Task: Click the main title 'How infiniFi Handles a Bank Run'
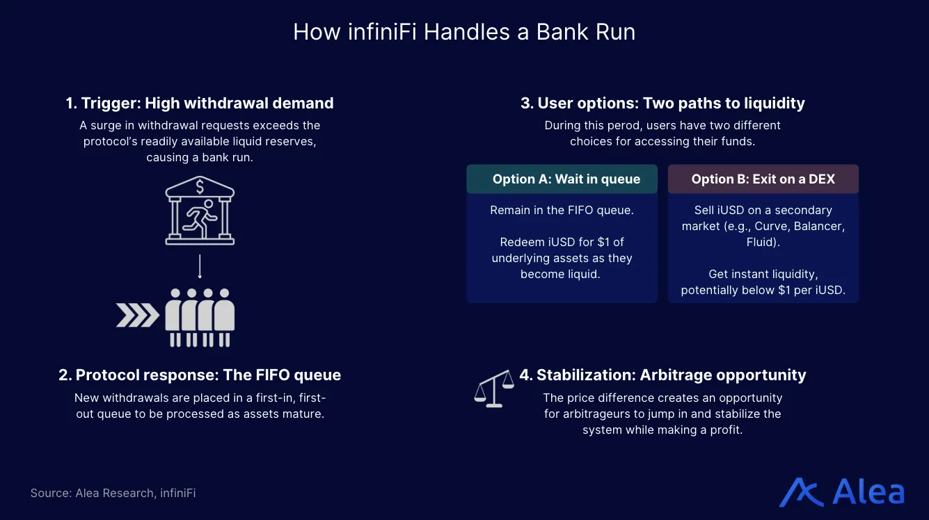click(x=464, y=32)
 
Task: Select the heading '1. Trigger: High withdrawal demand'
click(x=200, y=104)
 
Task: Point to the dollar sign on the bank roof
click(x=200, y=186)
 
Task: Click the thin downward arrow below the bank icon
click(x=200, y=266)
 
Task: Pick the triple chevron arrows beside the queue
click(x=137, y=316)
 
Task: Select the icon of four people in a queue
click(x=200, y=317)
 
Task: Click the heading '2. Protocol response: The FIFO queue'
click(x=200, y=375)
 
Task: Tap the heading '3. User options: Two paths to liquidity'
click(x=662, y=104)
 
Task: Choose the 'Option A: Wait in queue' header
click(x=562, y=179)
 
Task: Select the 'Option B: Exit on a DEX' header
click(x=763, y=179)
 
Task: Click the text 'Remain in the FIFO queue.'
click(x=562, y=210)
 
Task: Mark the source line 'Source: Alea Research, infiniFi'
click(x=113, y=493)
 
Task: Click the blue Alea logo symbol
click(x=801, y=492)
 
